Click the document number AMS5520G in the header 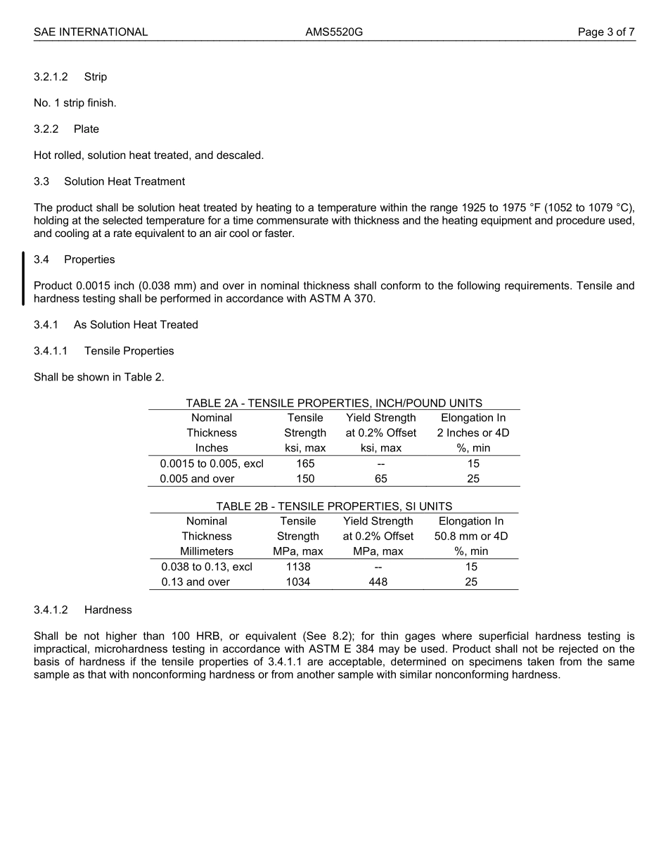click(334, 32)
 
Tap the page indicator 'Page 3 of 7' click(606, 32)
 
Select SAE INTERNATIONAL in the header click(91, 32)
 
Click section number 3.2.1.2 click(51, 77)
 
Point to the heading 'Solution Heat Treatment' click(124, 181)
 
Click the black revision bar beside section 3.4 click(23, 278)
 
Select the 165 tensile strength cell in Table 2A click(305, 463)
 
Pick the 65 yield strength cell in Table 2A click(380, 479)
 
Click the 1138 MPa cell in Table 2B click(298, 567)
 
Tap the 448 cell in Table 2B click(378, 582)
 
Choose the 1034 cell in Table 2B click(298, 582)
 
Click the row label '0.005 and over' click(197, 479)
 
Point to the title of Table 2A click(334, 403)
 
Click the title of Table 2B click(334, 506)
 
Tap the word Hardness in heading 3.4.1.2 click(108, 610)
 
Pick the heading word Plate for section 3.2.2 click(86, 129)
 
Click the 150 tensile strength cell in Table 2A click(305, 479)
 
